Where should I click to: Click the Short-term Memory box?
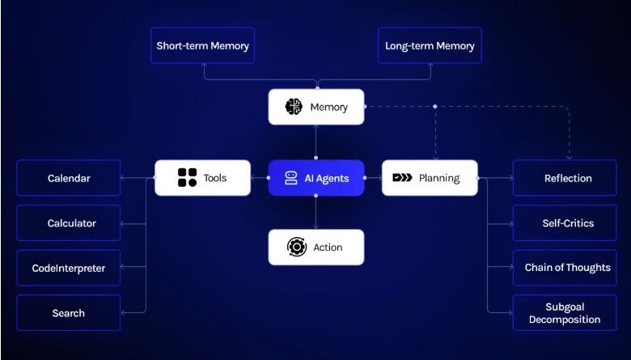[203, 46]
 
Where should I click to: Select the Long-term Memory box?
[430, 46]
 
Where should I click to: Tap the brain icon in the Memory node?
[294, 107]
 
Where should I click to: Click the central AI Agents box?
[316, 178]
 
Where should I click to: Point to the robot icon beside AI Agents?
[291, 178]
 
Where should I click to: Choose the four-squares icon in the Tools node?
[188, 178]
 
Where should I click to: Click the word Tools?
[215, 178]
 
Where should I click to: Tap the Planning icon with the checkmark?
[402, 178]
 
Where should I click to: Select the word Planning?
[439, 178]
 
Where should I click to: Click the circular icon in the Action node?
[297, 248]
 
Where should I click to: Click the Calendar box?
[69, 178]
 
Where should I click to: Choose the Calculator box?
[69, 223]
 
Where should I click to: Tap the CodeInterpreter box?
[69, 268]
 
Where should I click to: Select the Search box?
[69, 313]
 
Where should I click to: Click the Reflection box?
[568, 178]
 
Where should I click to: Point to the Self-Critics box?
[568, 223]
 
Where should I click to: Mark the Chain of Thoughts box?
[568, 268]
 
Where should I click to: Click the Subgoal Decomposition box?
[568, 313]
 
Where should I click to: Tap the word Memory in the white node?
[328, 107]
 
